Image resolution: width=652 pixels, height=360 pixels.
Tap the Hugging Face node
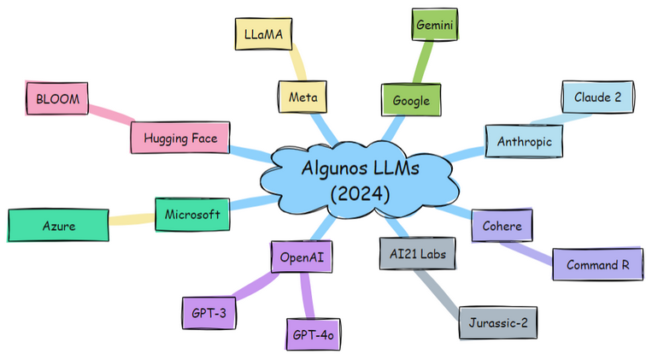pyautogui.click(x=180, y=138)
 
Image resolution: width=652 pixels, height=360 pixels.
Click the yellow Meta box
pyautogui.click(x=303, y=97)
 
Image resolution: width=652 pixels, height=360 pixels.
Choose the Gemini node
pyautogui.click(x=435, y=26)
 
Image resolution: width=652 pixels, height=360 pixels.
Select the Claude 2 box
pyautogui.click(x=597, y=97)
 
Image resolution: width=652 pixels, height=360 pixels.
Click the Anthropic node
pyautogui.click(x=525, y=141)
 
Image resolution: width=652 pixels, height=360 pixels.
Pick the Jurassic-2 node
pyautogui.click(x=499, y=323)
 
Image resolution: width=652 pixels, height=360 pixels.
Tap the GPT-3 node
pyautogui.click(x=209, y=313)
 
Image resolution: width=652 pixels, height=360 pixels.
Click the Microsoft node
pyautogui.click(x=192, y=214)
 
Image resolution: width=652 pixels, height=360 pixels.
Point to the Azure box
pyautogui.click(x=58, y=226)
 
